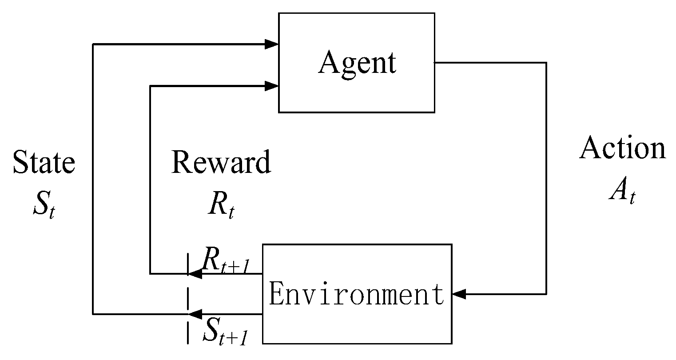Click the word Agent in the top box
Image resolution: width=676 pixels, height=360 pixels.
coord(357,63)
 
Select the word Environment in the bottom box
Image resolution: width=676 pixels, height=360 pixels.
coord(357,295)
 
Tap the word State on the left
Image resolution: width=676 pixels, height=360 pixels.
coord(44,162)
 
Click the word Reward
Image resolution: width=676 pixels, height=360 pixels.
coord(221,162)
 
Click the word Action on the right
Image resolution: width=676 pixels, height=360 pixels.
coord(623,148)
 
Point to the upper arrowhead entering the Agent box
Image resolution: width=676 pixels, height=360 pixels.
coord(271,44)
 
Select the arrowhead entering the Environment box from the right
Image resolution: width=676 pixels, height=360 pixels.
coord(459,294)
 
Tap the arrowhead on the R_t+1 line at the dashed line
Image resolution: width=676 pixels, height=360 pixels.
coord(196,274)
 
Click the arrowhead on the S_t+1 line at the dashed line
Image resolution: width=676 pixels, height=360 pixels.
coord(196,314)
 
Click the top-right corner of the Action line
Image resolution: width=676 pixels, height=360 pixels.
coord(546,63)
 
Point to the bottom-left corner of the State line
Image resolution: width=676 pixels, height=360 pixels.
coord(93,314)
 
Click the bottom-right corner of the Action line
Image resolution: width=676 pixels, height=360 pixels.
coord(546,294)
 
